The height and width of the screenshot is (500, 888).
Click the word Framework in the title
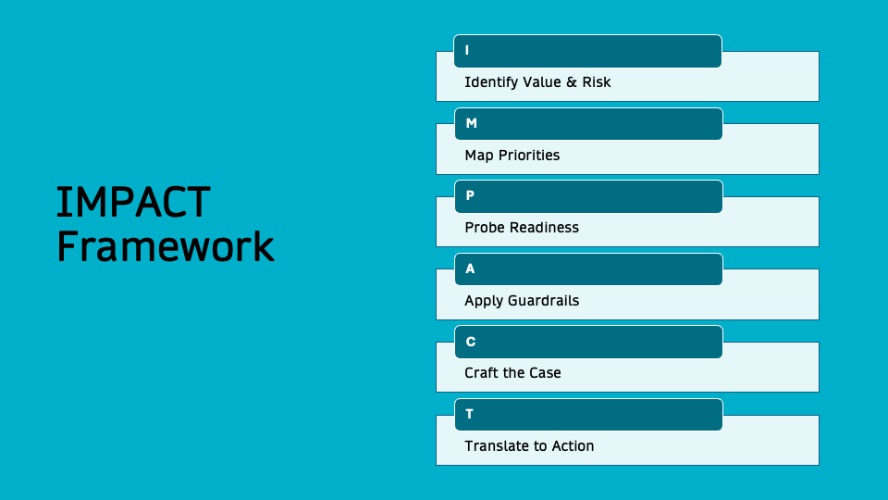tap(166, 246)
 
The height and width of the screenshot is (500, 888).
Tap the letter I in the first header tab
tap(467, 50)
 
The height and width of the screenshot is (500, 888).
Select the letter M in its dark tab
tap(471, 123)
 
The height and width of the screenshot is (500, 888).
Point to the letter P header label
tap(470, 196)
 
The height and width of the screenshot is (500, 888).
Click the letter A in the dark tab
tap(470, 269)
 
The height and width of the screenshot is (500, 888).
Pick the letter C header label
tap(471, 342)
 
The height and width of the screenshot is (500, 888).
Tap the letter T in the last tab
tap(469, 414)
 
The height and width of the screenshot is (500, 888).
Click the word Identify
tap(491, 82)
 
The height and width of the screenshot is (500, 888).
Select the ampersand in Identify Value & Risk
tap(572, 82)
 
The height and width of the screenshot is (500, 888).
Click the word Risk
tap(597, 82)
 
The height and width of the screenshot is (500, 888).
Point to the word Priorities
tap(529, 156)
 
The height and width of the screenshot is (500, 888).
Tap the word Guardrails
tap(543, 301)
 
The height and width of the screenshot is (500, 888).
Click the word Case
tap(544, 373)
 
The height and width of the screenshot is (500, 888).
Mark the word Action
tap(573, 446)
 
